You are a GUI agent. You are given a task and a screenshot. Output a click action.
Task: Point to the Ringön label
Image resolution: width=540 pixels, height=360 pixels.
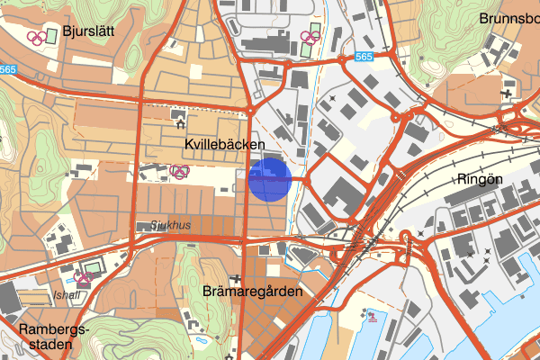point(480,177)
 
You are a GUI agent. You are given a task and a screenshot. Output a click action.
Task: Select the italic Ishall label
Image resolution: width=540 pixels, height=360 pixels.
point(67,293)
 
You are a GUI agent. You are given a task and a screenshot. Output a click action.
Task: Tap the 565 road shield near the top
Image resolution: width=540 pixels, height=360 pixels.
point(364,57)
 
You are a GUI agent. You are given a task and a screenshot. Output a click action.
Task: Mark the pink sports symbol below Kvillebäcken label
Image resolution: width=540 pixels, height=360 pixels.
point(180,171)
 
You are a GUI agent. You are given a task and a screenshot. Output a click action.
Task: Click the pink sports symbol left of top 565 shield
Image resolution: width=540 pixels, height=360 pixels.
point(308,37)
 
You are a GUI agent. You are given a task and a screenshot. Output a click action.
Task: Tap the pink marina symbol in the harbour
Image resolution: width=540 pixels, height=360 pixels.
point(369,314)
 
